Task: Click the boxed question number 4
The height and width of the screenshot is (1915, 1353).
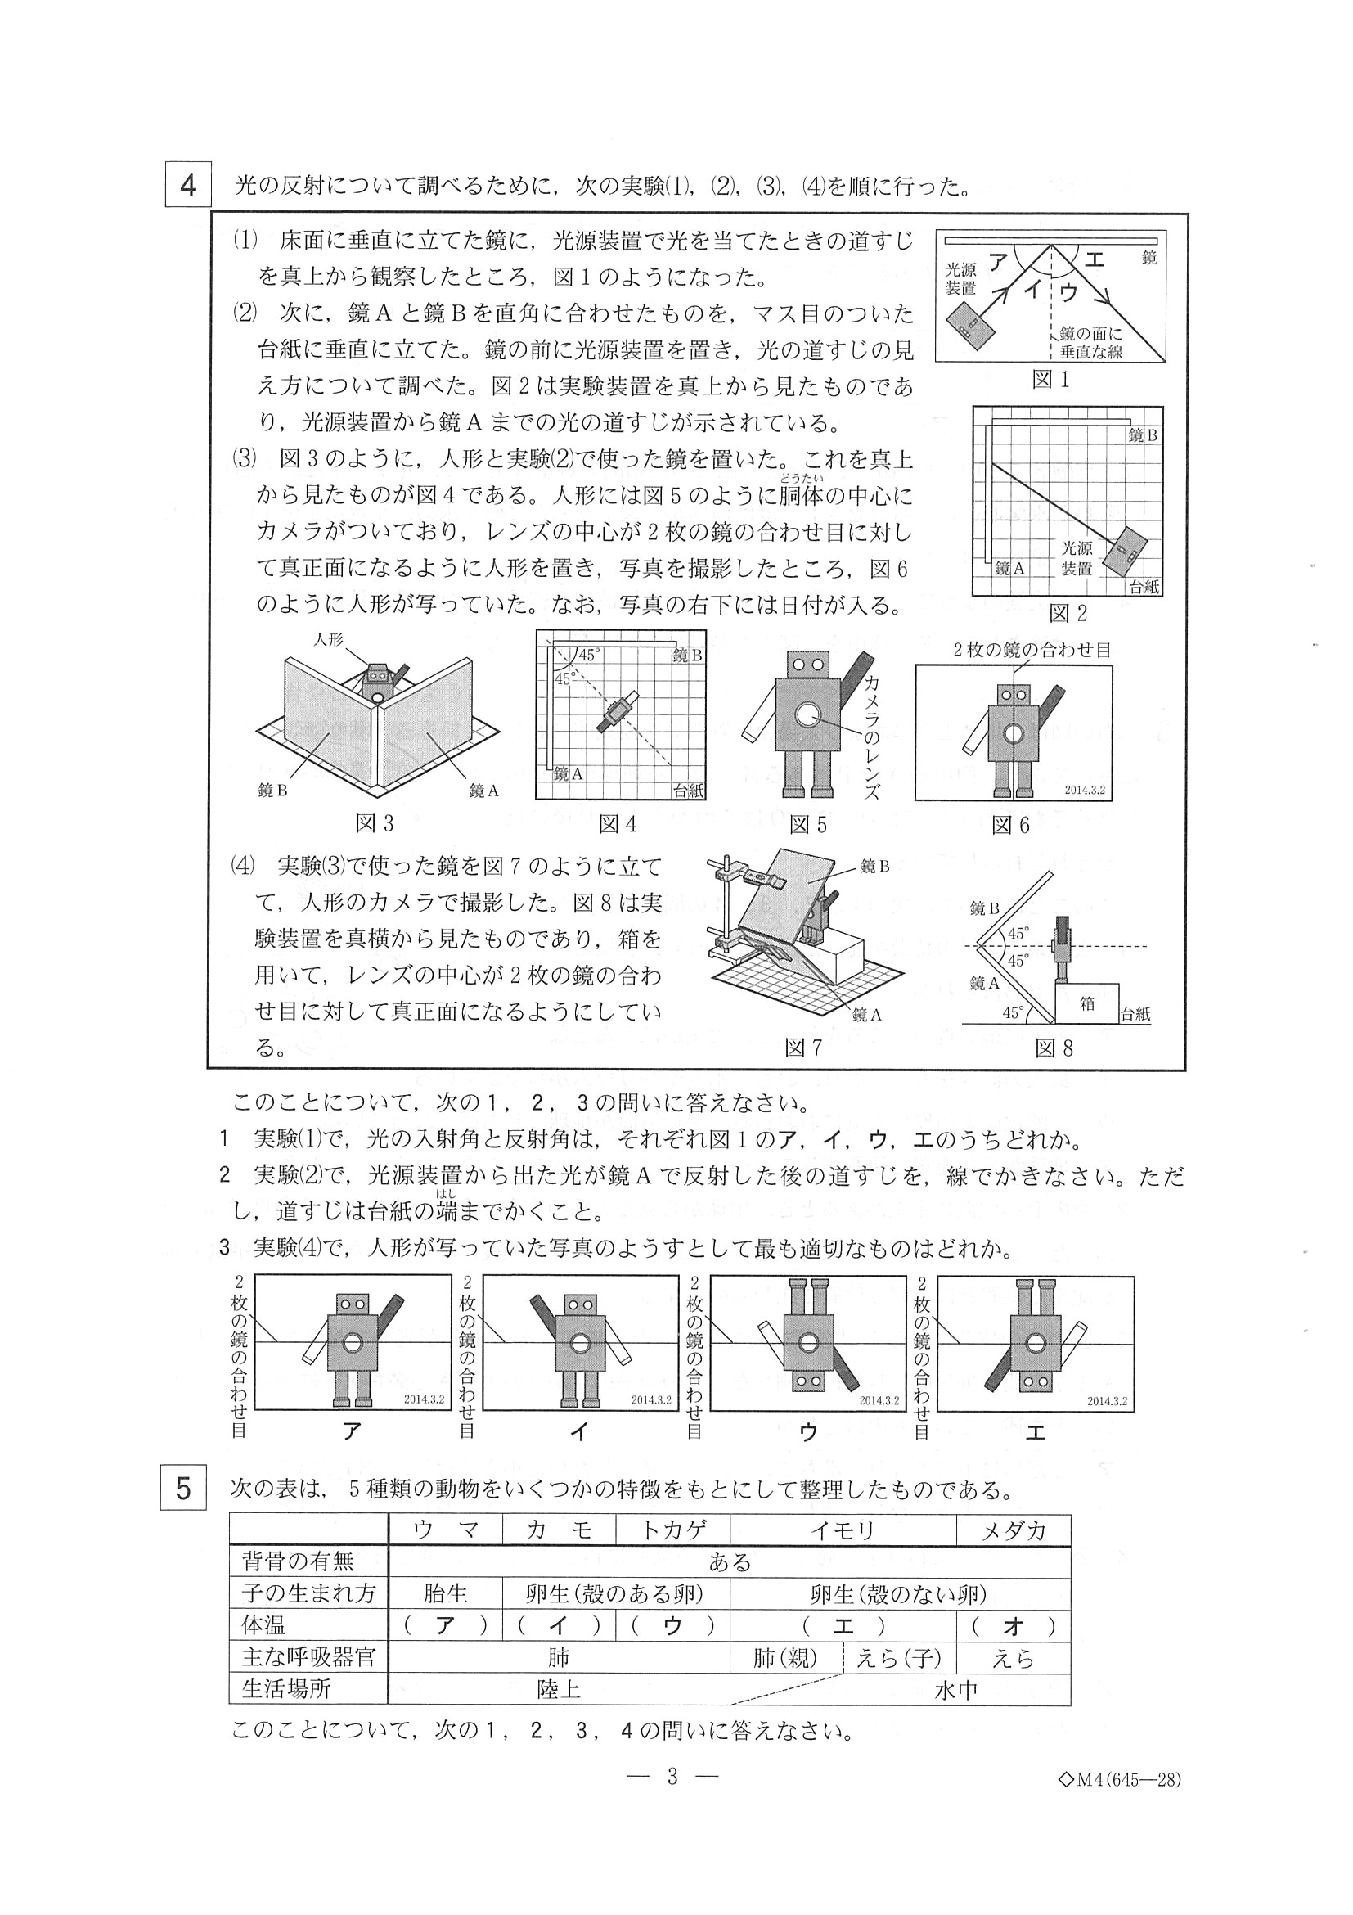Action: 188,185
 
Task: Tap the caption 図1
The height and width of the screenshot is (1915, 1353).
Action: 1050,381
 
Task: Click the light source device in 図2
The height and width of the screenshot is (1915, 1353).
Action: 1126,552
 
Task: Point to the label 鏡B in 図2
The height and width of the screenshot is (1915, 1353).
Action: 1142,435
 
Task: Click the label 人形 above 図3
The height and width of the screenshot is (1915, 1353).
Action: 329,640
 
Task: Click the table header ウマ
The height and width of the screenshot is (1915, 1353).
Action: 445,1530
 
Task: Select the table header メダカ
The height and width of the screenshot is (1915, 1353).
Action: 1013,1530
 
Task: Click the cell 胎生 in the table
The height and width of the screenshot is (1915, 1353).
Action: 445,1594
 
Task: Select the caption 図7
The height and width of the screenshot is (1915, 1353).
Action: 802,1048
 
